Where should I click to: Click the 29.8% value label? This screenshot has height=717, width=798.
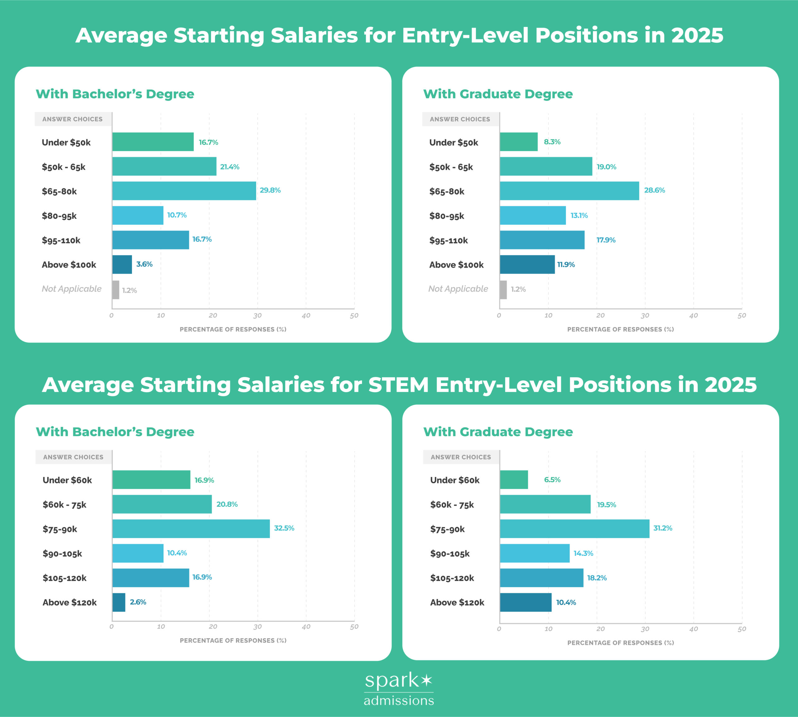(x=270, y=190)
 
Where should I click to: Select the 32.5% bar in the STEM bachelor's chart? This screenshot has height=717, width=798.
(x=191, y=529)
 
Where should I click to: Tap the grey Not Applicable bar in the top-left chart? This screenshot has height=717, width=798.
(x=115, y=290)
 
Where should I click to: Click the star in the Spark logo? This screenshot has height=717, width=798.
(x=426, y=680)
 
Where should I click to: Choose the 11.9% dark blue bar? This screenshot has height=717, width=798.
(x=527, y=264)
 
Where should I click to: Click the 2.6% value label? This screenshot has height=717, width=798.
(x=138, y=602)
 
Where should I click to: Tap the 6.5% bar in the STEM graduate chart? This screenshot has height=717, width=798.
(x=514, y=479)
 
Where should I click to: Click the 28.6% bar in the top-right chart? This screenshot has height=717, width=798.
(x=569, y=191)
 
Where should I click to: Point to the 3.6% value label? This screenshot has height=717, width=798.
(x=144, y=264)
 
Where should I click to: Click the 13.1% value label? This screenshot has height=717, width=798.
(x=579, y=215)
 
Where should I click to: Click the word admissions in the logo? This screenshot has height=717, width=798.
(x=399, y=700)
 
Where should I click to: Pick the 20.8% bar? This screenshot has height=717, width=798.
(x=162, y=504)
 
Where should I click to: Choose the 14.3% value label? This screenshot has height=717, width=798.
(x=583, y=554)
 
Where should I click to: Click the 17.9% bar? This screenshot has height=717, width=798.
(x=542, y=240)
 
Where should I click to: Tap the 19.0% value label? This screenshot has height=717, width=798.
(x=606, y=167)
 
